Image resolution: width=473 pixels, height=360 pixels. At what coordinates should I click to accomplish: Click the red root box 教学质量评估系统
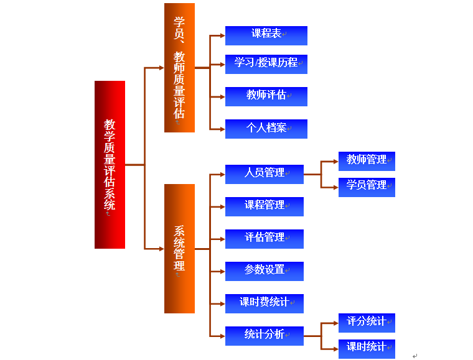tap(110, 165)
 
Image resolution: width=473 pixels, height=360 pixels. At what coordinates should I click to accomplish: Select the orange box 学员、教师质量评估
tap(179, 68)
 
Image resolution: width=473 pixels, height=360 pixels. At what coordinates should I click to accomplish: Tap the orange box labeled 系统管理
tap(179, 249)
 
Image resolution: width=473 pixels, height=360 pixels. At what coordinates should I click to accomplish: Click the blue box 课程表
tap(266, 35)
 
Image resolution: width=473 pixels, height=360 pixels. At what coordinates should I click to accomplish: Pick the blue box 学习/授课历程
tap(266, 64)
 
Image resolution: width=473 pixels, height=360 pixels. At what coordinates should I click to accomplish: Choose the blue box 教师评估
tap(266, 96)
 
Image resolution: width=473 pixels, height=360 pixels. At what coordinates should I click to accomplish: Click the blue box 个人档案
tap(266, 129)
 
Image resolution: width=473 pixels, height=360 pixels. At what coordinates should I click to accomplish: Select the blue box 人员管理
tap(264, 174)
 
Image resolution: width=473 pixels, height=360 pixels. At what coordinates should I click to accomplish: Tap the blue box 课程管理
tap(264, 206)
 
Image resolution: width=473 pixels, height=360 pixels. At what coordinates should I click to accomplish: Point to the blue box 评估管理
tap(264, 239)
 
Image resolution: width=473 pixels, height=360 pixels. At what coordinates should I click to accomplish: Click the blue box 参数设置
tap(264, 271)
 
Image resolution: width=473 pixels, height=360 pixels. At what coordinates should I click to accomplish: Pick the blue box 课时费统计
tap(264, 303)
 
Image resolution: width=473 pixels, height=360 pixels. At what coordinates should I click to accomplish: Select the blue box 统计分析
tap(264, 336)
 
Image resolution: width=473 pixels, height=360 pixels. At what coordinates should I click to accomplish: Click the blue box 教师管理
tap(366, 161)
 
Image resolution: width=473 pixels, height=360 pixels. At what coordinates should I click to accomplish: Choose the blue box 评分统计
tap(366, 323)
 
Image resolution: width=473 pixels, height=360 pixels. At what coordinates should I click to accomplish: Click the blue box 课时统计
tap(366, 348)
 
